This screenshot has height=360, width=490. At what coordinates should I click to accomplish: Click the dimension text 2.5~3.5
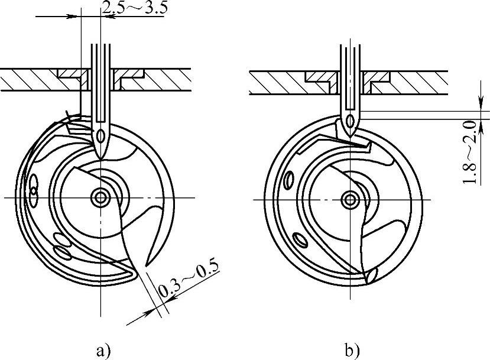tap(134, 8)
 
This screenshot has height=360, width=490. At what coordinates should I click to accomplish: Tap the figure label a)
tap(103, 351)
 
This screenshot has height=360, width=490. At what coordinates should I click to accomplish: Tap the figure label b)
tap(352, 351)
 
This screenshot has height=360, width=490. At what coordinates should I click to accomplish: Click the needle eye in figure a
tap(100, 136)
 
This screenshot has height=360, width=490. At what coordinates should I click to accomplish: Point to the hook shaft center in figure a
tap(100, 197)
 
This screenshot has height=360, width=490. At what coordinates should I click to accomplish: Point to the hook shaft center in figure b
tap(351, 199)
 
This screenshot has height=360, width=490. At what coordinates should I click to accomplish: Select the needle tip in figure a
tap(100, 159)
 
